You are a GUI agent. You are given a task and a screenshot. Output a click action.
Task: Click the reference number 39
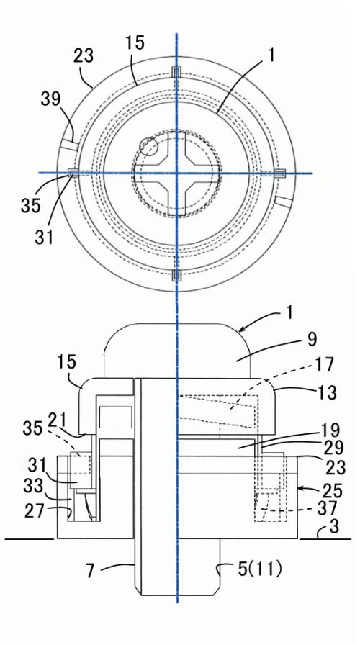tap(50, 99)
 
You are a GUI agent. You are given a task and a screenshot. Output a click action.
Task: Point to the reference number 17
tap(324, 364)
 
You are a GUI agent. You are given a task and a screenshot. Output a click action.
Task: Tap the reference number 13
tap(327, 392)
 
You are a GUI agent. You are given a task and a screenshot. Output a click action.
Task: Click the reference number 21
tap(58, 421)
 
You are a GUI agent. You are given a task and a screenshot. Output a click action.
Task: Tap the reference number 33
tap(33, 486)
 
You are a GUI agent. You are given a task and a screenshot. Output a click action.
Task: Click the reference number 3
tap(335, 526)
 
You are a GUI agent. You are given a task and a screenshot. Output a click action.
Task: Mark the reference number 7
tap(91, 572)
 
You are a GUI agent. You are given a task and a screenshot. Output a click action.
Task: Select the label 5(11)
tap(260, 569)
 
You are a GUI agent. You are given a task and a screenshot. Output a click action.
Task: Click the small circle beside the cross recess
tap(148, 147)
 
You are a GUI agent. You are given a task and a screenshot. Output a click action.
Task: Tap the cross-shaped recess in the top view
tap(176, 173)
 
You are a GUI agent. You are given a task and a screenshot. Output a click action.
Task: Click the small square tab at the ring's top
tap(176, 73)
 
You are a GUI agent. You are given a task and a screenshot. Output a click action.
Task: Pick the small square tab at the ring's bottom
tap(176, 275)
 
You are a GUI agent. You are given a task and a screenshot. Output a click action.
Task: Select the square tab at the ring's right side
tap(280, 173)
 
